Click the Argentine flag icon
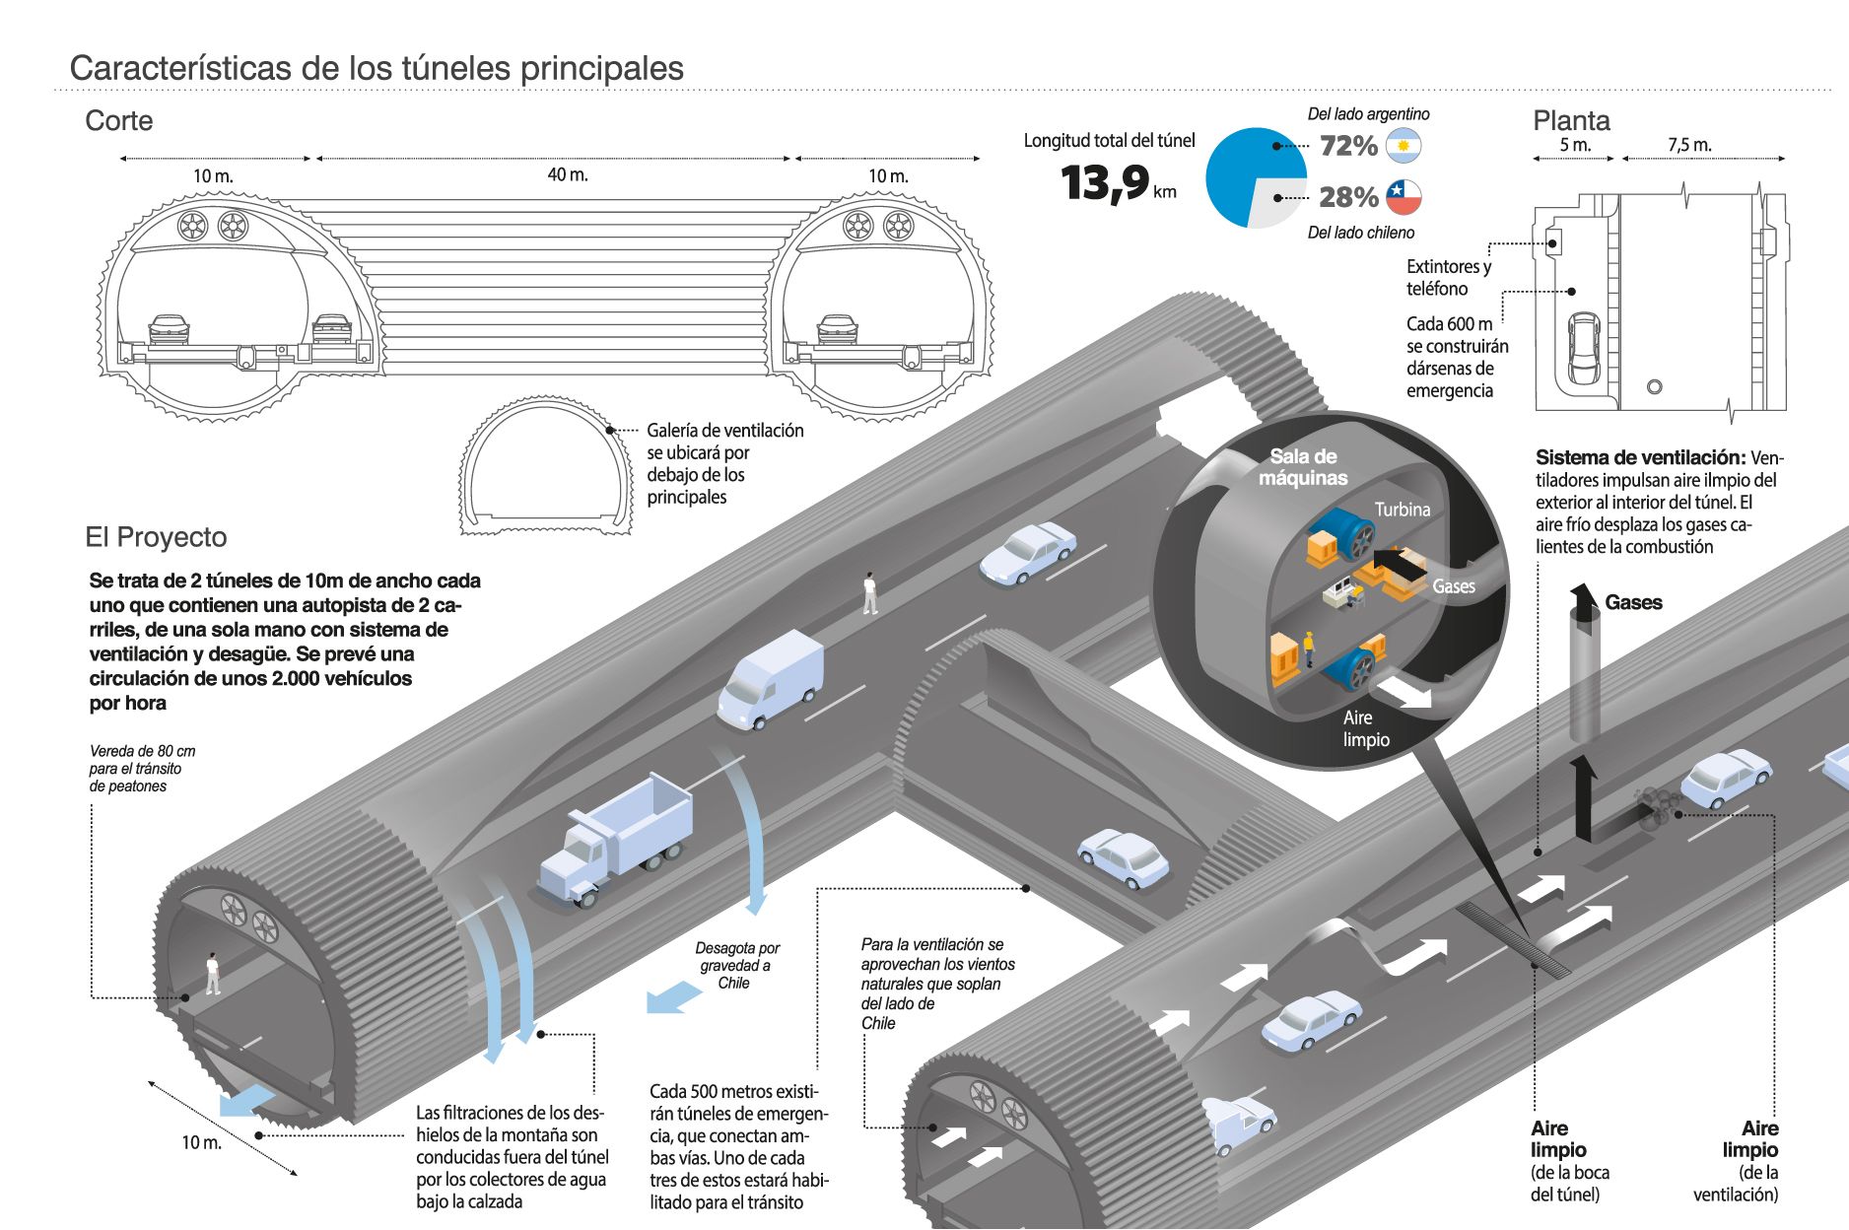[x=1403, y=146]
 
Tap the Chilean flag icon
[x=1403, y=197]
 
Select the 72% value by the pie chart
[x=1348, y=146]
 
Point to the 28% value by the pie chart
[x=1348, y=197]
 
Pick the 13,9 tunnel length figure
[x=1105, y=182]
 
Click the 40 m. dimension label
[x=567, y=174]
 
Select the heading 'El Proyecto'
[x=156, y=537]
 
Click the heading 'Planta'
[x=1571, y=121]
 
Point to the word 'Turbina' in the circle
[x=1402, y=510]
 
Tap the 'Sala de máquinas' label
[x=1303, y=467]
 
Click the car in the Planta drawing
[x=1584, y=349]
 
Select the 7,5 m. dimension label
[x=1689, y=145]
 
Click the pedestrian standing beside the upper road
[x=869, y=592]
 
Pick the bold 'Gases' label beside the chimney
[x=1633, y=602]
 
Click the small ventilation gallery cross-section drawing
[x=545, y=466]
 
